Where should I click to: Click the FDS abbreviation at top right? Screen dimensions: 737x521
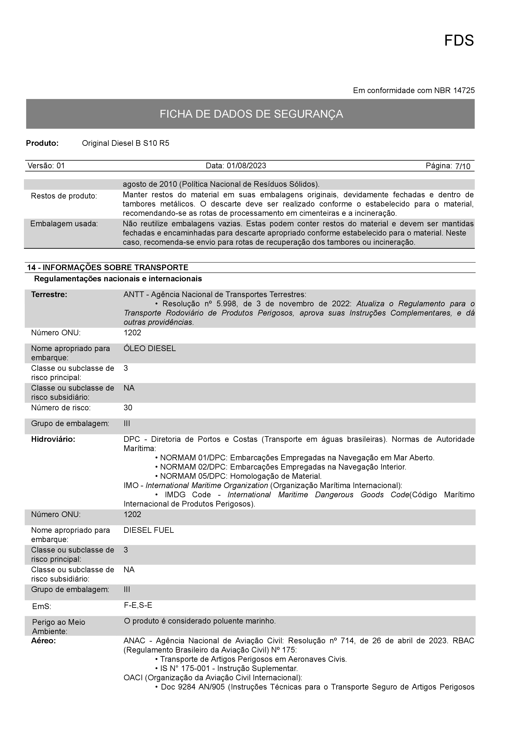click(x=459, y=41)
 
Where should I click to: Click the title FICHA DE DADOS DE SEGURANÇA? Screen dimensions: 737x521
click(x=251, y=114)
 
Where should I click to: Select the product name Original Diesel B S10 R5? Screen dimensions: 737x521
click(x=125, y=143)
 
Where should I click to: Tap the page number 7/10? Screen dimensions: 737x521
click(x=463, y=166)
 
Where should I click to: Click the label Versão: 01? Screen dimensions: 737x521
click(x=46, y=166)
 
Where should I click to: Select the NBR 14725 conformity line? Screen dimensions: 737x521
click(x=413, y=91)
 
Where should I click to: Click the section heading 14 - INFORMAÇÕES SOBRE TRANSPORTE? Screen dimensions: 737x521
click(x=108, y=267)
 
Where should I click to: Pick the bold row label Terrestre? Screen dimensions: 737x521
click(x=49, y=294)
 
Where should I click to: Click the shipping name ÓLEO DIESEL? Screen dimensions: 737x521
click(x=150, y=348)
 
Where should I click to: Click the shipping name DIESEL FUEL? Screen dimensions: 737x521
click(x=149, y=530)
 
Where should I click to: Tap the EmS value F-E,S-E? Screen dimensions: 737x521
click(x=138, y=605)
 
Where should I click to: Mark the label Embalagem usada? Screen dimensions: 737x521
click(x=64, y=224)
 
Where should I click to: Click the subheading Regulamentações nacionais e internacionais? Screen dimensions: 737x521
click(x=118, y=279)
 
